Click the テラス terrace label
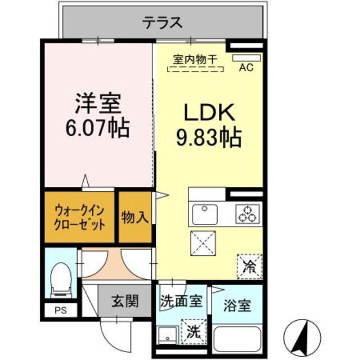pyautogui.click(x=163, y=23)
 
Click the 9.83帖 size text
pyautogui.click(x=208, y=137)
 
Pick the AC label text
pyautogui.click(x=246, y=68)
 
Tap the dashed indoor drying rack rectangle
pyautogui.click(x=196, y=70)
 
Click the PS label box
pyautogui.click(x=59, y=309)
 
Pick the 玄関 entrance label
pyautogui.click(x=124, y=301)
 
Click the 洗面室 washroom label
pyautogui.click(x=181, y=301)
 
